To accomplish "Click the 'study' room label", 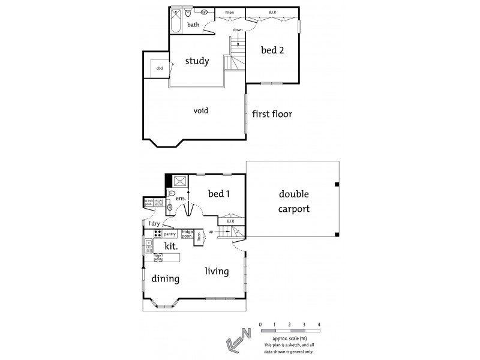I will [197, 61].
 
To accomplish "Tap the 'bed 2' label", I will [272, 50].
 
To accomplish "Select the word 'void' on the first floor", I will [200, 111].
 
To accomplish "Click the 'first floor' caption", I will [272, 113].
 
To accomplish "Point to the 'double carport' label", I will [295, 202].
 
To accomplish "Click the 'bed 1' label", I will [220, 194].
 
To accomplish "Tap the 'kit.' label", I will [166, 245].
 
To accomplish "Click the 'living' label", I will [217, 271].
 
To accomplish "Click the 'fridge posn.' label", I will [187, 232].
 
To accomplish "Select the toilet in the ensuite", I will [171, 194].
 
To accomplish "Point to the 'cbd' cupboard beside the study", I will [160, 68].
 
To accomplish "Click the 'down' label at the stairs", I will [238, 29].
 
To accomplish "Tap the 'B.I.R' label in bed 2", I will [272, 12].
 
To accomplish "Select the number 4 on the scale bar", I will [319, 325].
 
